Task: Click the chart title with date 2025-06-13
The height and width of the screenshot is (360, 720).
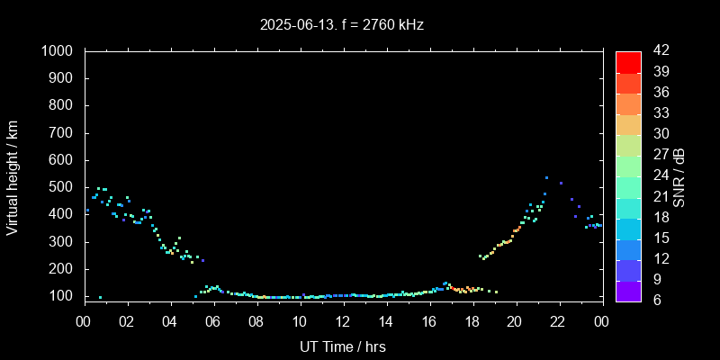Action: [341, 24]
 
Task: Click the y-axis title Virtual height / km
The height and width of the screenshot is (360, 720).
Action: [13, 177]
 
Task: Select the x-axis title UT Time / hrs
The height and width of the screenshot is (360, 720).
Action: [343, 346]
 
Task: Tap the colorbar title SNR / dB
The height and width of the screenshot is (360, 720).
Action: [679, 176]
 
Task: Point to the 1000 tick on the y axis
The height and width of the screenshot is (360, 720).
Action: [59, 51]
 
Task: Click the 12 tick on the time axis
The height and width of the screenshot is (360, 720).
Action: [343, 320]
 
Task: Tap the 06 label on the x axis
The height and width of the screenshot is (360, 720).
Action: [213, 320]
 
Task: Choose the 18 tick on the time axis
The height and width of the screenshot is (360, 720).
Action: [472, 320]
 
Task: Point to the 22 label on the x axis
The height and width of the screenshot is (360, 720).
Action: [558, 320]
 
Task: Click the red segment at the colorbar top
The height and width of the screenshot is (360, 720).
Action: [628, 61]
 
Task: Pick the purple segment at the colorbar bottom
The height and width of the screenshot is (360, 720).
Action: [628, 290]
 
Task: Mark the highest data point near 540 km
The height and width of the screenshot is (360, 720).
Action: [546, 177]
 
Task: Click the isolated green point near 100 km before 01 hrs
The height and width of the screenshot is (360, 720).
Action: [100, 297]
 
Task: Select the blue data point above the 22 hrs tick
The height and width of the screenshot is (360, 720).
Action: [561, 183]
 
